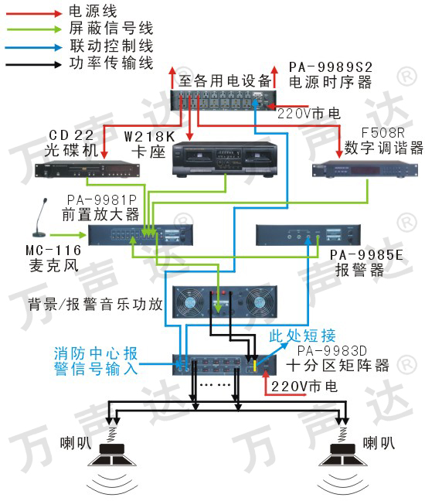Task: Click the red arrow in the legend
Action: pyautogui.click(x=34, y=14)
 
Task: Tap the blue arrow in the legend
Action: pyautogui.click(x=34, y=48)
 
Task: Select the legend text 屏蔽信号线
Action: pyautogui.click(x=111, y=28)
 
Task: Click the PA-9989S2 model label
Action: pyautogui.click(x=331, y=67)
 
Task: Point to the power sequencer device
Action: pyautogui.click(x=223, y=101)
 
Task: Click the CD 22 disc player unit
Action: pyautogui.click(x=87, y=169)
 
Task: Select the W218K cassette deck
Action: pyautogui.click(x=225, y=159)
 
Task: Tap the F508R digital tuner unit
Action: pyautogui.click(x=365, y=169)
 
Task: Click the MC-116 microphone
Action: pyautogui.click(x=41, y=217)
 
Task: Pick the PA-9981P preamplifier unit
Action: pyautogui.click(x=141, y=235)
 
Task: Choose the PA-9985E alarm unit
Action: pyautogui.click(x=308, y=235)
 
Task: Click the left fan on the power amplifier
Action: pyautogui.click(x=189, y=302)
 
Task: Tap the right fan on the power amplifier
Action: pyautogui.click(x=260, y=302)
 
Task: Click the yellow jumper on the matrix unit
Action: pyautogui.click(x=254, y=366)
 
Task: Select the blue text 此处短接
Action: pyautogui.click(x=302, y=336)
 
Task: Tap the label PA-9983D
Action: pyautogui.click(x=331, y=351)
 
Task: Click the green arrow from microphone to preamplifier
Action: pyautogui.click(x=68, y=235)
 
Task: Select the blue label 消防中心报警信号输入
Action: pyautogui.click(x=96, y=361)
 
